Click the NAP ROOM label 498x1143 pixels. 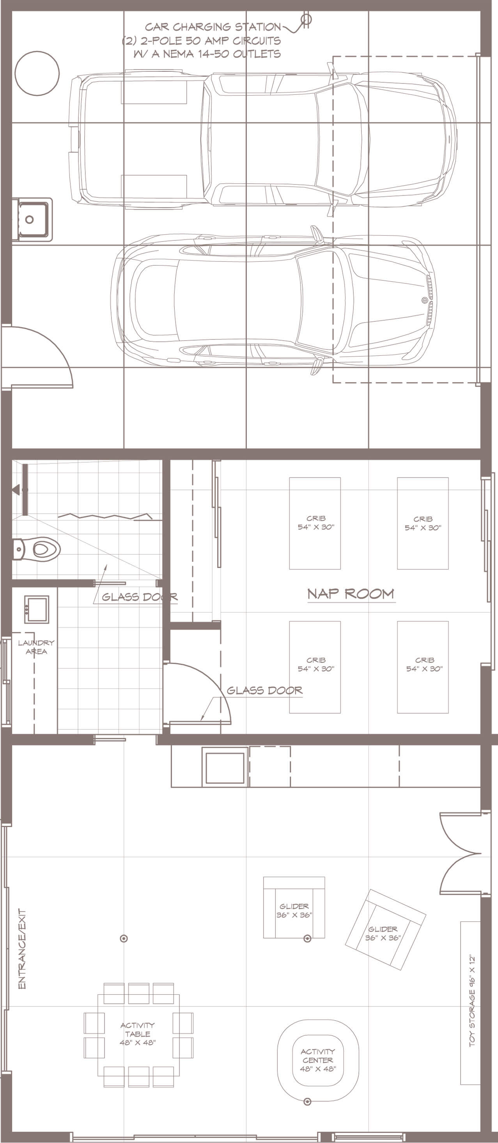point(351,594)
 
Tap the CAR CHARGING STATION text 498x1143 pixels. point(213,27)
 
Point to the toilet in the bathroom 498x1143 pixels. point(36,550)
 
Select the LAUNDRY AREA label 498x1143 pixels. point(36,647)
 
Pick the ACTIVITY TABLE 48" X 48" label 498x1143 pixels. point(138,1034)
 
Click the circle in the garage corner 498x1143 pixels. point(37,73)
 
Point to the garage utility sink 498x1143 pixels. point(32,220)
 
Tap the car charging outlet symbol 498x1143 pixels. point(306,19)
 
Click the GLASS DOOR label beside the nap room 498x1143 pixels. point(265,690)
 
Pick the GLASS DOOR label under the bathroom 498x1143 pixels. point(139,597)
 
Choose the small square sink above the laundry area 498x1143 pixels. point(36,610)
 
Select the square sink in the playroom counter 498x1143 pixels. point(225,768)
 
